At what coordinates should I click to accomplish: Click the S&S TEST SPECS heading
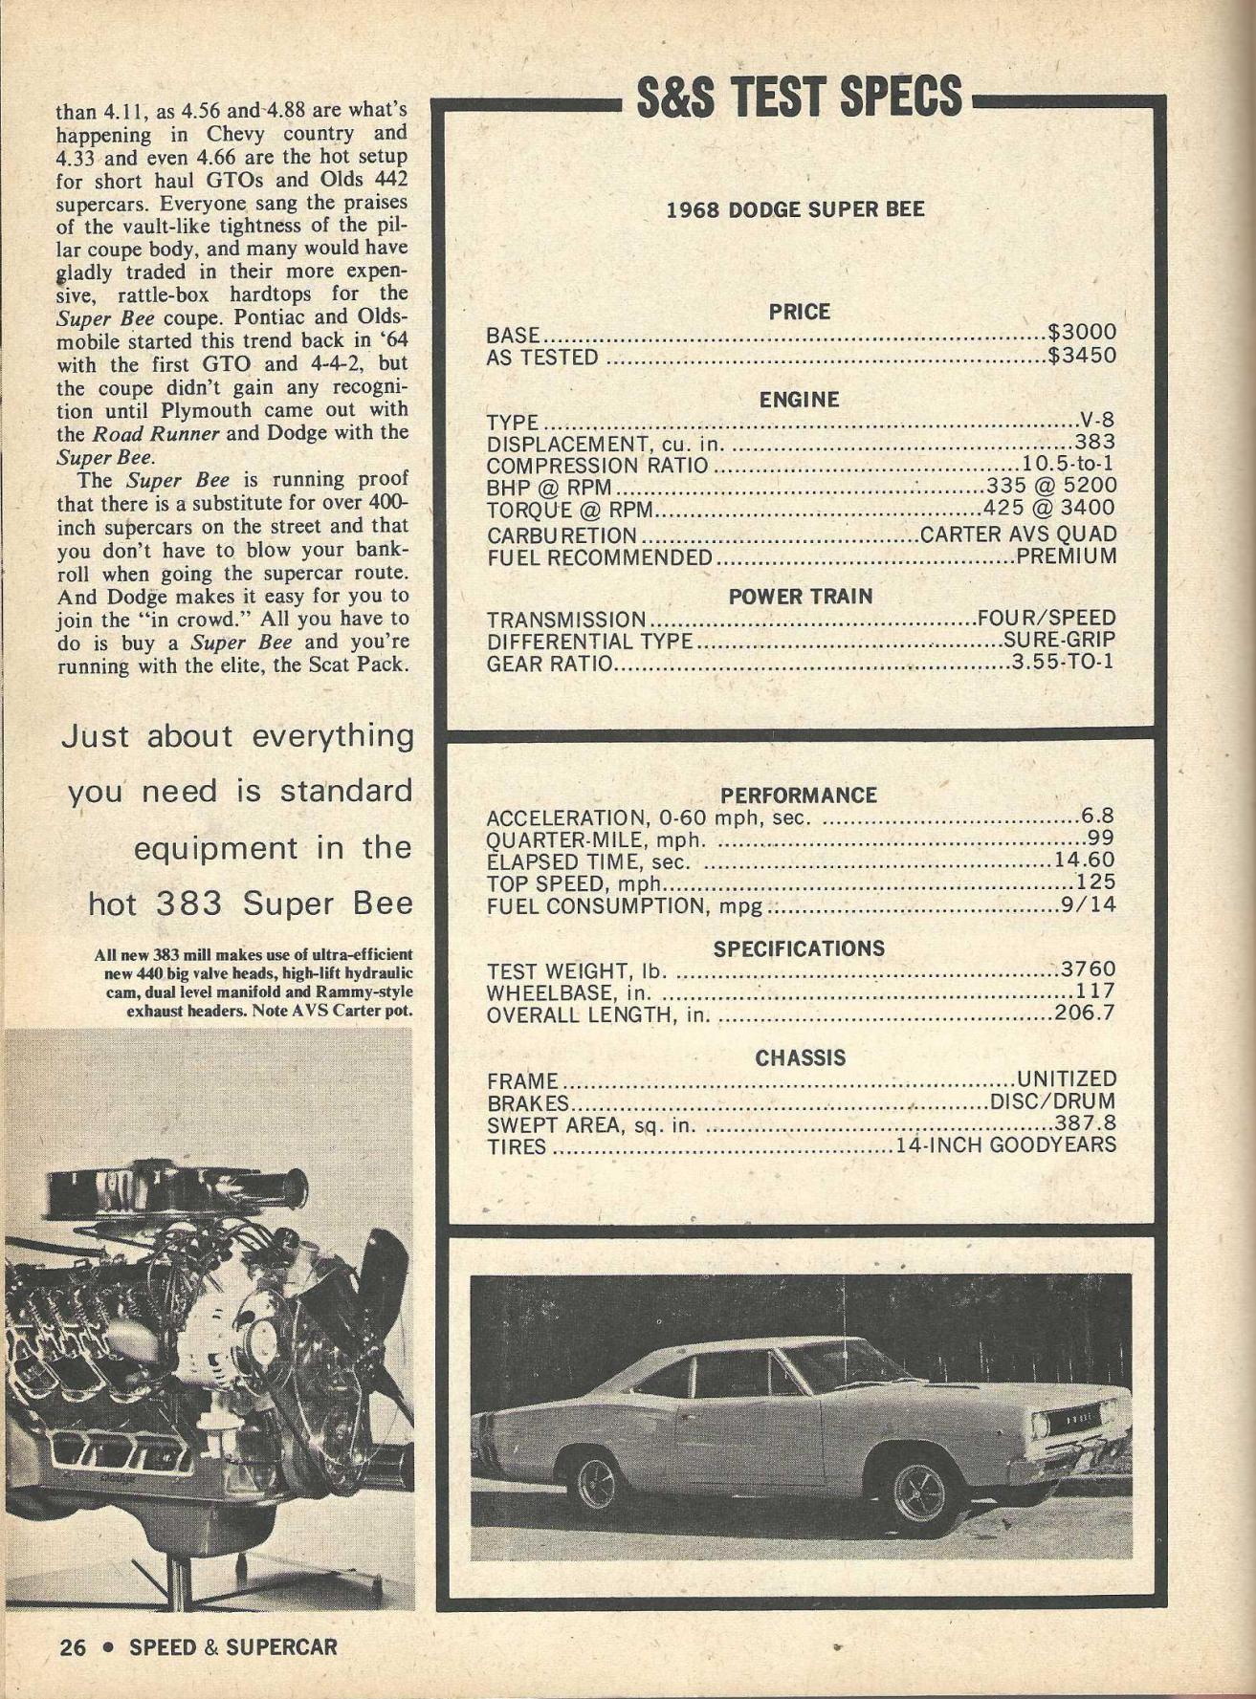pyautogui.click(x=798, y=97)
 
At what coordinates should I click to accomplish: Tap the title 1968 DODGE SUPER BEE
pyautogui.click(x=796, y=209)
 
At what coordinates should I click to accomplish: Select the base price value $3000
pyautogui.click(x=1082, y=334)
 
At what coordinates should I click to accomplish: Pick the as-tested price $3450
pyautogui.click(x=1082, y=357)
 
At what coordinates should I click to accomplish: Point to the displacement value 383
pyautogui.click(x=1094, y=443)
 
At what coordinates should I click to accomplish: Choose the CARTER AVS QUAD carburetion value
pyautogui.click(x=1018, y=534)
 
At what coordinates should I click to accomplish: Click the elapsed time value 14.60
pyautogui.click(x=1085, y=860)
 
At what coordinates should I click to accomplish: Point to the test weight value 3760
pyautogui.click(x=1089, y=969)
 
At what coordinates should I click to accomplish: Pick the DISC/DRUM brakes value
pyautogui.click(x=1053, y=1102)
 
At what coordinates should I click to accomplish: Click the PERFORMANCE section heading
pyautogui.click(x=799, y=795)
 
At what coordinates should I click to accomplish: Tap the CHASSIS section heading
pyautogui.click(x=801, y=1058)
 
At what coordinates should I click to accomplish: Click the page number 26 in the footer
pyautogui.click(x=72, y=1646)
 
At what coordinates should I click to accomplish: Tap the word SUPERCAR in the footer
pyautogui.click(x=282, y=1646)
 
